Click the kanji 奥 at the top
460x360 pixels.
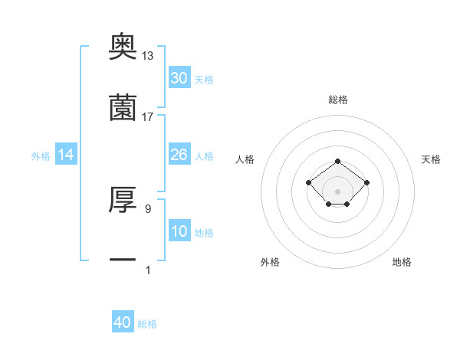click(123, 47)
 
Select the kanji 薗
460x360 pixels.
click(123, 108)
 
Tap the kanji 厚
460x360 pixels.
click(123, 199)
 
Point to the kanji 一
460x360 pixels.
click(123, 260)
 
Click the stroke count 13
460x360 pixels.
click(148, 56)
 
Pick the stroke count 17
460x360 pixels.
click(148, 116)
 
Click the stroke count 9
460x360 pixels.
click(147, 208)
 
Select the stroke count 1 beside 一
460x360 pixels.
click(147, 269)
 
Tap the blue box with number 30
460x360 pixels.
click(179, 78)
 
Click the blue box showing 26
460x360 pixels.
click(179, 155)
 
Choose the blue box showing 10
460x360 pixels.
click(179, 231)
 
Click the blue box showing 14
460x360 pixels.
click(66, 155)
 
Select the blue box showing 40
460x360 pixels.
click(123, 322)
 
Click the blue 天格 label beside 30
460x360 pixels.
click(204, 80)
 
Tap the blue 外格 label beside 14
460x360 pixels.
click(41, 156)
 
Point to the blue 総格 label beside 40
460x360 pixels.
click(147, 324)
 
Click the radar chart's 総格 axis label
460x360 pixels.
click(337, 100)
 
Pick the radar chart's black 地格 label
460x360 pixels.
click(402, 262)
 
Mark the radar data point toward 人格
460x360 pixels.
click(308, 182)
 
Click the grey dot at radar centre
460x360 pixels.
click(337, 191)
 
